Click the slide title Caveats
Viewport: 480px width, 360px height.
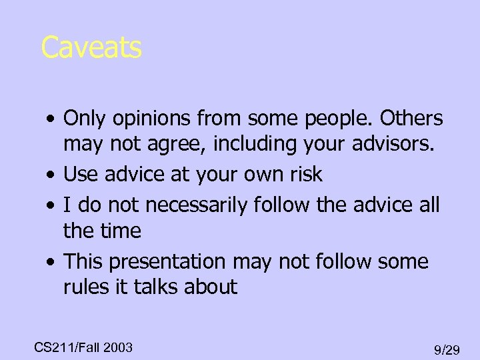click(x=91, y=48)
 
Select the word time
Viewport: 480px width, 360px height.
click(x=121, y=231)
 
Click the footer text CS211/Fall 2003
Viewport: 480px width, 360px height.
click(x=83, y=347)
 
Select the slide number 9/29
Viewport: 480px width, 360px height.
click(x=447, y=349)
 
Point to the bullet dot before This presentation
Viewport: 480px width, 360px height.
click(x=51, y=261)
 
